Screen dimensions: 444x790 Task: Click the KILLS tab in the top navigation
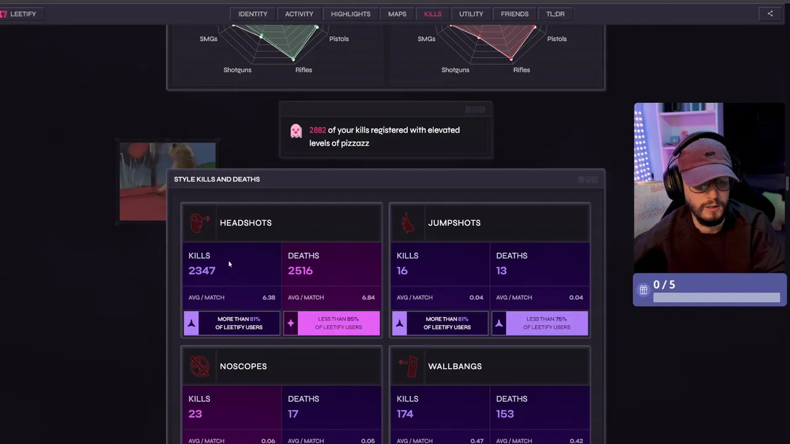pyautogui.click(x=433, y=14)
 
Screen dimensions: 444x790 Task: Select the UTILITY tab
pyautogui.click(x=471, y=14)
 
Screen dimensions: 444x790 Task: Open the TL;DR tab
pyautogui.click(x=555, y=14)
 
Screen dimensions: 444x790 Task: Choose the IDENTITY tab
pyautogui.click(x=253, y=14)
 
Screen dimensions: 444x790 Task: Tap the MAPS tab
pyautogui.click(x=397, y=14)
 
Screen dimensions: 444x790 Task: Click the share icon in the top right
pyautogui.click(x=770, y=14)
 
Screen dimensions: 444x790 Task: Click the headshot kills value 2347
pyautogui.click(x=202, y=271)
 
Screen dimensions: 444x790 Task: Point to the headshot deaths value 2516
pyautogui.click(x=300, y=271)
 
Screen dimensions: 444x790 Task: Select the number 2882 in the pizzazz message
pyautogui.click(x=317, y=130)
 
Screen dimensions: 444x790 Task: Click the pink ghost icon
pyautogui.click(x=296, y=131)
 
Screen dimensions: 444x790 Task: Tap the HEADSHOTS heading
pyautogui.click(x=246, y=223)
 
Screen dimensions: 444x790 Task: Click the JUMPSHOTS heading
pyautogui.click(x=454, y=223)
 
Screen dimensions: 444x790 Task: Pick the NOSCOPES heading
pyautogui.click(x=243, y=366)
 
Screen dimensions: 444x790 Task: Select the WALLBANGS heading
pyautogui.click(x=455, y=366)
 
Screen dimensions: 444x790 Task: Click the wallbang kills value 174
pyautogui.click(x=405, y=414)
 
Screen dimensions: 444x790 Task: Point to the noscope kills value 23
pyautogui.click(x=195, y=414)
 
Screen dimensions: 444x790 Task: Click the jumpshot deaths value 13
pyautogui.click(x=501, y=271)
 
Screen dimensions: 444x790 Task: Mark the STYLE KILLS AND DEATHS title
pyautogui.click(x=217, y=179)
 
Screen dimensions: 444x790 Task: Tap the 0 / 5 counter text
pyautogui.click(x=664, y=285)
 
